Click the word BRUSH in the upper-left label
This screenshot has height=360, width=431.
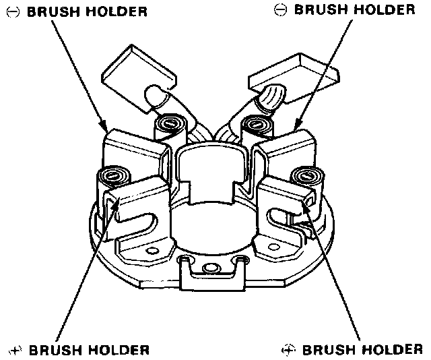51,11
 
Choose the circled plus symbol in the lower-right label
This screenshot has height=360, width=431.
288,349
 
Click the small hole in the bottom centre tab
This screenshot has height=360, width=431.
211,268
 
